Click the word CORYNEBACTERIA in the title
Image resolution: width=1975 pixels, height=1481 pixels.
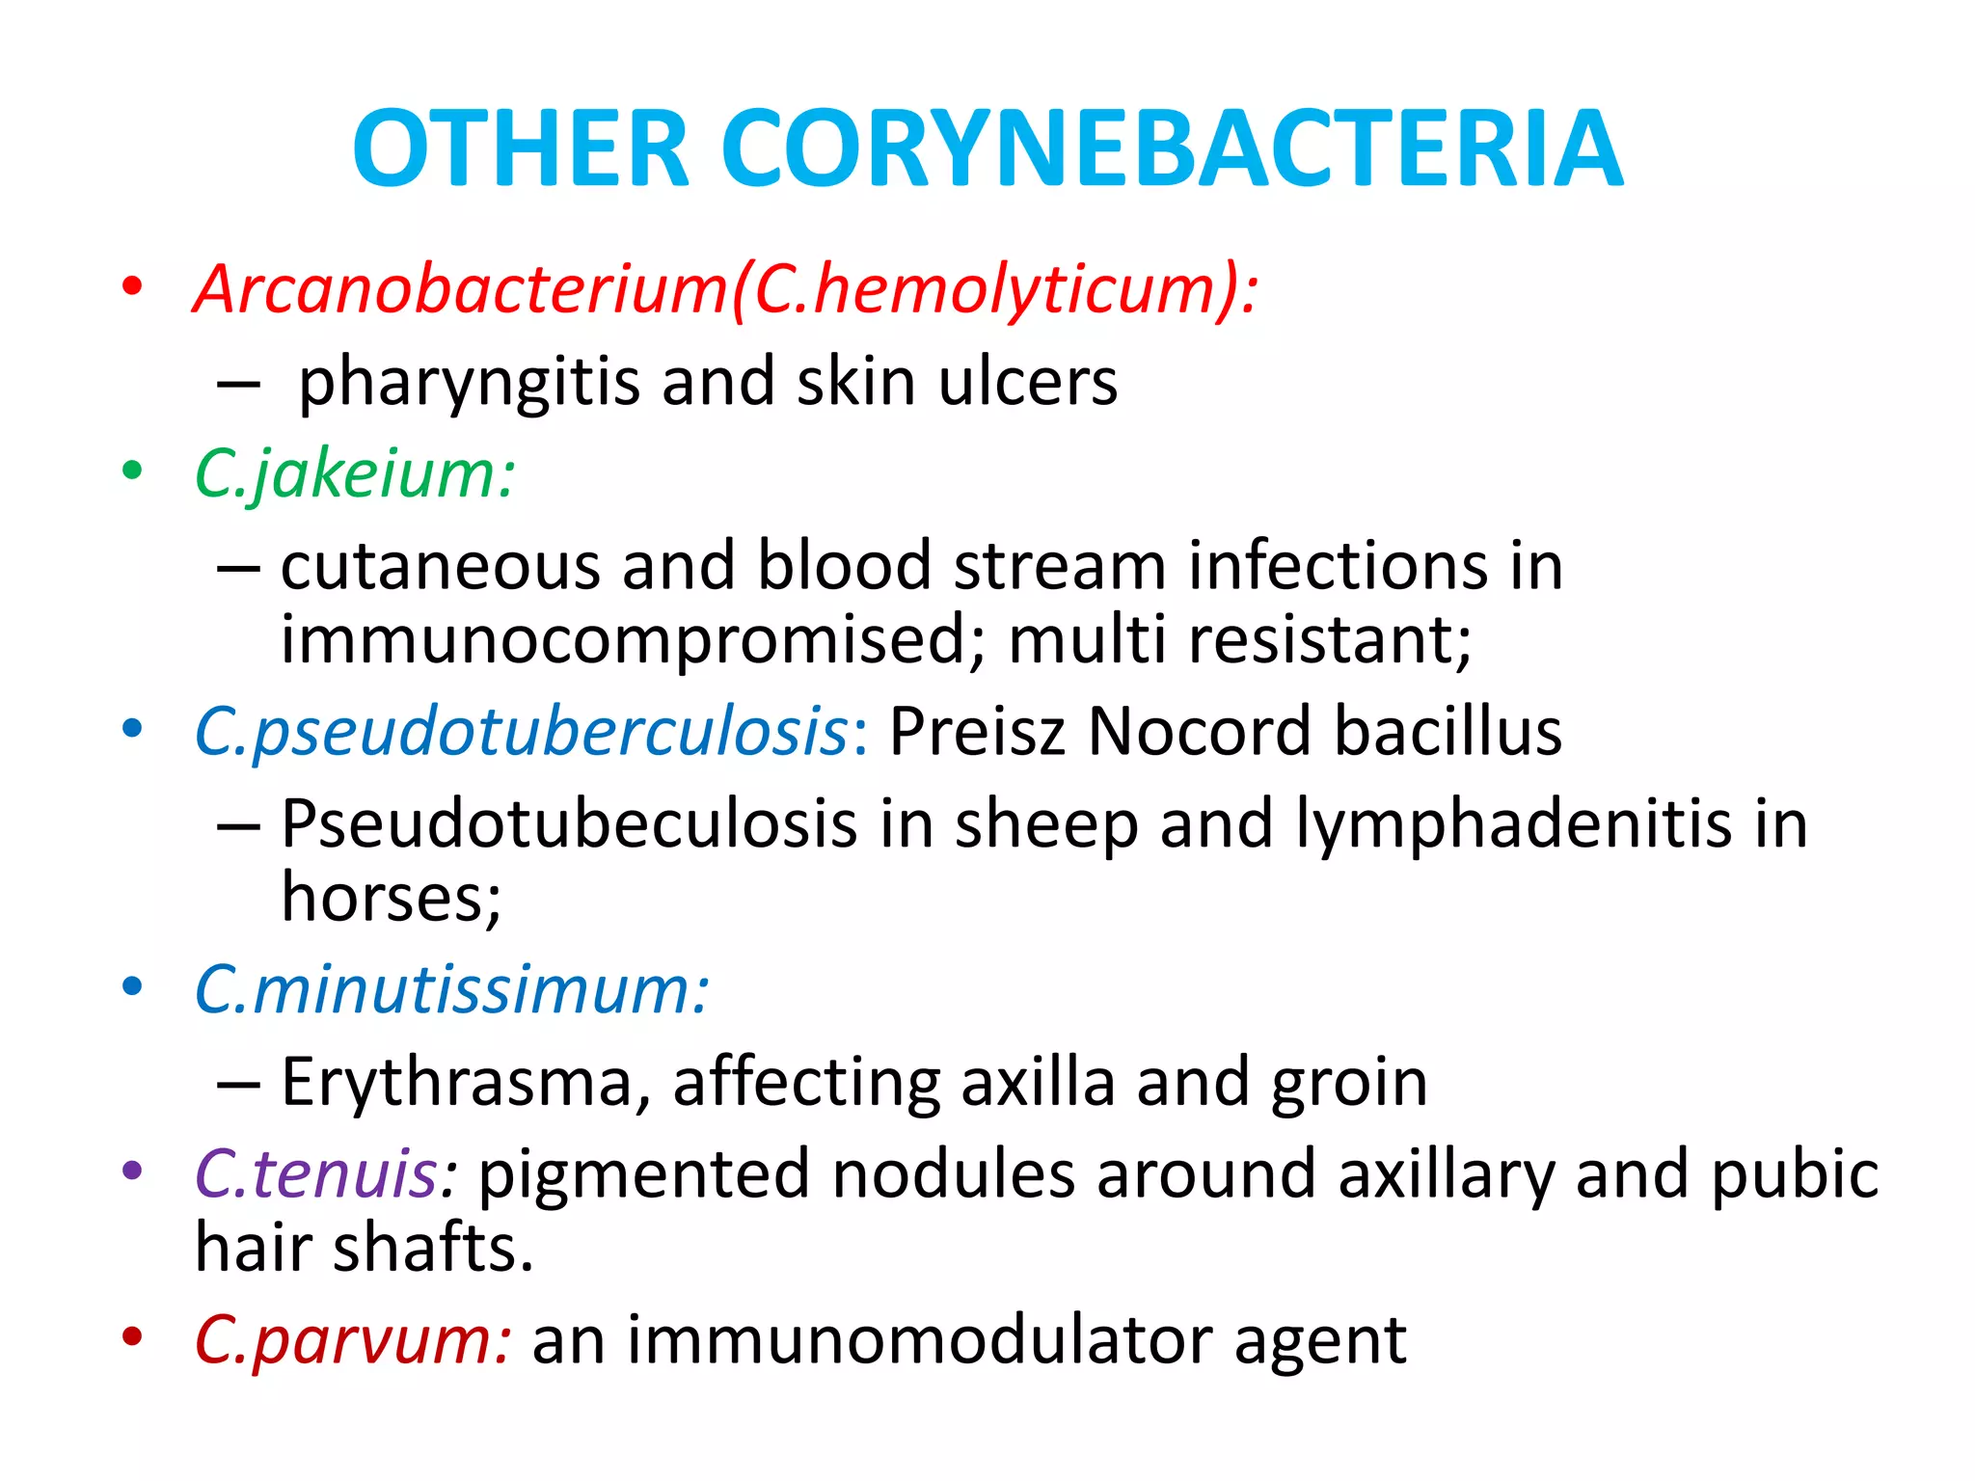pyautogui.click(x=1172, y=149)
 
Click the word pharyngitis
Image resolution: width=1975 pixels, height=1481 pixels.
pyautogui.click(x=469, y=382)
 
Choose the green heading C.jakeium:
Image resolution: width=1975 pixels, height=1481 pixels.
pyautogui.click(x=355, y=474)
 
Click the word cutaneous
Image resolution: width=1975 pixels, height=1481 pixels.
pyautogui.click(x=441, y=566)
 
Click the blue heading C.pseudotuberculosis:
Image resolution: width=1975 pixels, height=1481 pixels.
pyautogui.click(x=531, y=732)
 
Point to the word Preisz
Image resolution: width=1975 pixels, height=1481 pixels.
pyautogui.click(x=977, y=732)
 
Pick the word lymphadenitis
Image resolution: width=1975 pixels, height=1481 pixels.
pyautogui.click(x=1514, y=824)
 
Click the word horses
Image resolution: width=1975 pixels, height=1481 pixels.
pyautogui.click(x=391, y=898)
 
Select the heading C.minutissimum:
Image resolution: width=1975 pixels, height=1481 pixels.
pyautogui.click(x=451, y=990)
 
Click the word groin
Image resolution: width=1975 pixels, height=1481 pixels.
pyautogui.click(x=1349, y=1083)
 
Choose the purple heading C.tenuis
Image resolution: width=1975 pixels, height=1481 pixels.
pyautogui.click(x=318, y=1174)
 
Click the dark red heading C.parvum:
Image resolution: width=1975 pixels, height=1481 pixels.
pyautogui.click(x=352, y=1340)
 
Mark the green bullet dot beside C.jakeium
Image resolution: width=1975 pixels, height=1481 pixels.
pyautogui.click(x=132, y=471)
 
